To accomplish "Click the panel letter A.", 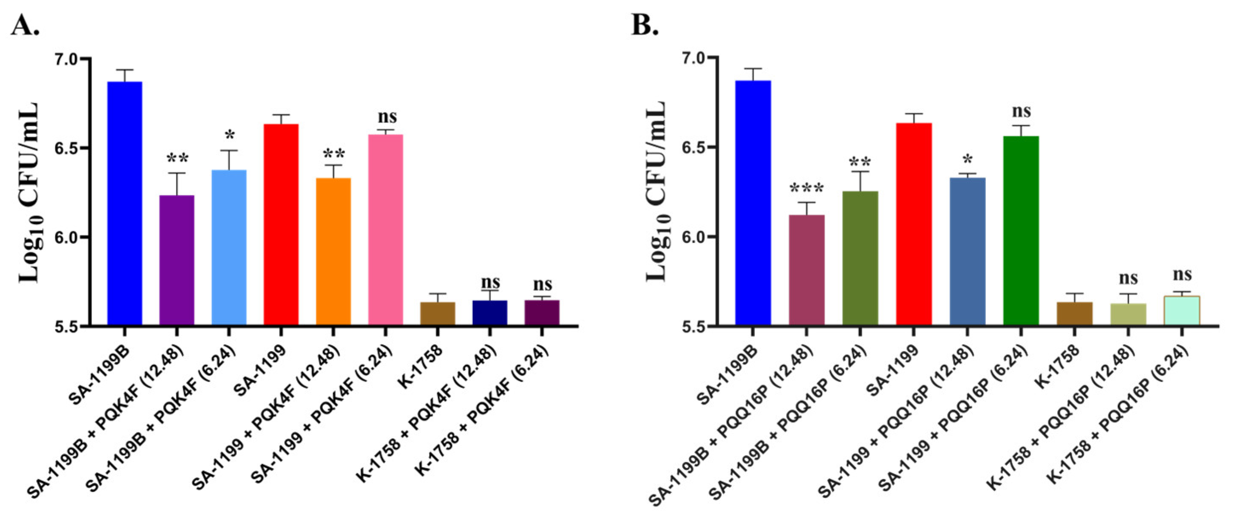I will point(25,25).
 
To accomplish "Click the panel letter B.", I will point(645,25).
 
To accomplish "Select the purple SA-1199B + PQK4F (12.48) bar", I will point(176,261).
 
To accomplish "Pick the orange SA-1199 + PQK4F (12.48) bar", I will point(333,252).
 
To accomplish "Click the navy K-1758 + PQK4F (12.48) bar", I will point(489,313).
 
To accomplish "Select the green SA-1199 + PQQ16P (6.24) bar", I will point(1021,231).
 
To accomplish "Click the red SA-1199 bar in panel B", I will point(914,224).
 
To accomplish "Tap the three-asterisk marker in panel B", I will point(806,189).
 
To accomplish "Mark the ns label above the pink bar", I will point(387,116).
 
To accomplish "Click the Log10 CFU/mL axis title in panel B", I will point(658,192).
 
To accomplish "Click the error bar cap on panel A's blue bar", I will point(125,70).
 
